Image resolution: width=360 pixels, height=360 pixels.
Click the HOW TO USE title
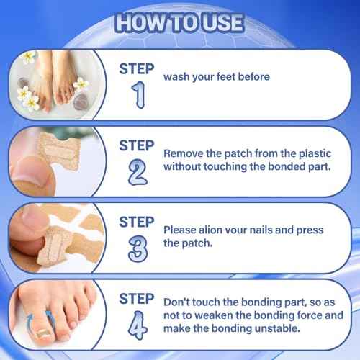coord(180,22)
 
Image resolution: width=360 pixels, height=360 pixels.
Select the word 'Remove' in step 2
coord(184,153)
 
